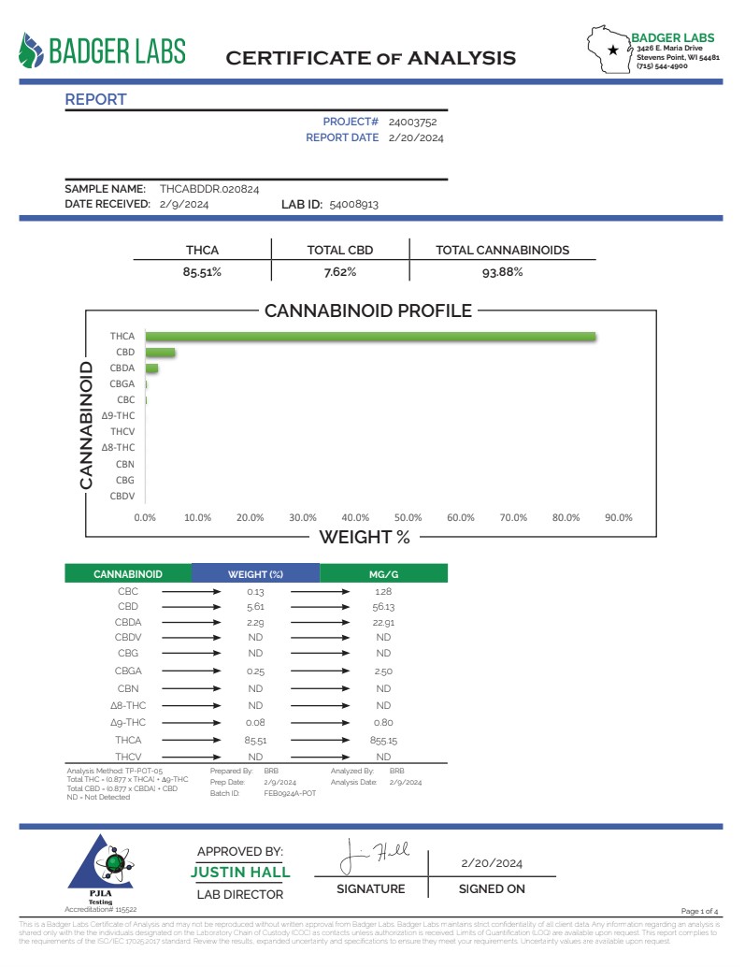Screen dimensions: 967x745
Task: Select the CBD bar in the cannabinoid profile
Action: tap(160, 353)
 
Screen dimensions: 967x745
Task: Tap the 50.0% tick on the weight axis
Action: tap(408, 517)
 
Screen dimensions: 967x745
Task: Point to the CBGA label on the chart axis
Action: tap(122, 383)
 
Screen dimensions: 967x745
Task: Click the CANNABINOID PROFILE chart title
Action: tap(368, 311)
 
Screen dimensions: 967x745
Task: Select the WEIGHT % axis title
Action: tap(365, 537)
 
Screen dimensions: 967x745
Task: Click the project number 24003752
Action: tap(412, 122)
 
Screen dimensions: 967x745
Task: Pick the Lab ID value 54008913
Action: tap(353, 204)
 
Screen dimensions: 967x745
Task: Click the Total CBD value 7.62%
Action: tap(340, 272)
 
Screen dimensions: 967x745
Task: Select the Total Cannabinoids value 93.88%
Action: tap(502, 272)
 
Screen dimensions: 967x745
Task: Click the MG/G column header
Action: tap(383, 574)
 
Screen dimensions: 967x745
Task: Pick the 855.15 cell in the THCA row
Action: tap(383, 740)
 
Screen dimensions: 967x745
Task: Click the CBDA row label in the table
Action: tap(129, 622)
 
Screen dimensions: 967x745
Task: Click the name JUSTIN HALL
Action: tap(240, 873)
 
